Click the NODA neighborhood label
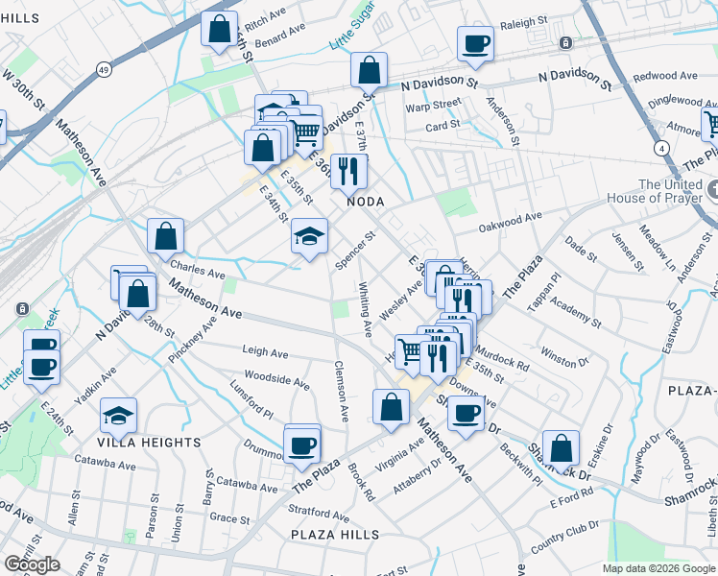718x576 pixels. click(366, 202)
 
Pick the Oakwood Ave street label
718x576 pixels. click(512, 225)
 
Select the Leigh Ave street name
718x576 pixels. click(266, 353)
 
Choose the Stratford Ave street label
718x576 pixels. click(321, 514)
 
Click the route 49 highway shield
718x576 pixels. click(103, 68)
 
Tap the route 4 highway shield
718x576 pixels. click(661, 148)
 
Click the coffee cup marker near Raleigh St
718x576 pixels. click(475, 43)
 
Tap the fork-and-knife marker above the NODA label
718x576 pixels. click(348, 171)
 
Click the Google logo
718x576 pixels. click(32, 564)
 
